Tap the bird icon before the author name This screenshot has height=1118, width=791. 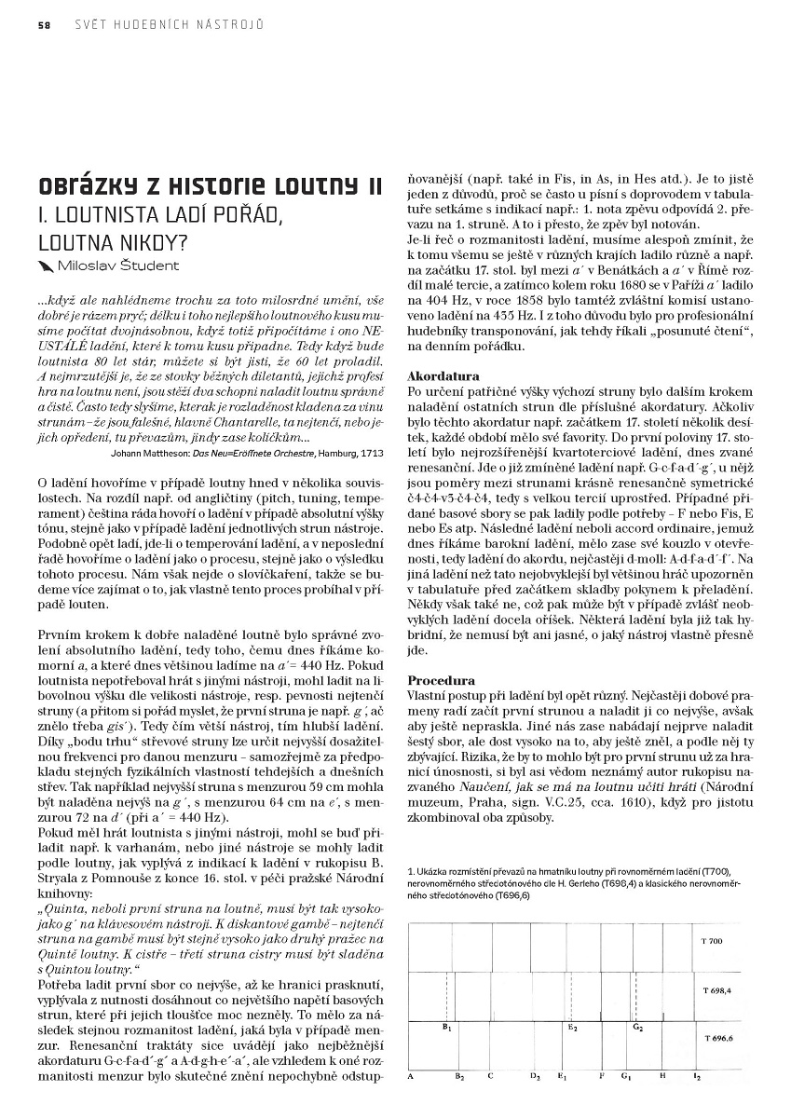point(45,266)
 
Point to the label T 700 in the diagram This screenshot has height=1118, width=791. point(711,941)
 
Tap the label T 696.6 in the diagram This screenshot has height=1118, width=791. point(717,1037)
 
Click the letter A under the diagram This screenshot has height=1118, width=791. point(411,1076)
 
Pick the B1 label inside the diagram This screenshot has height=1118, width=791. point(447,1028)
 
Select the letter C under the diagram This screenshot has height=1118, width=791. point(490,1076)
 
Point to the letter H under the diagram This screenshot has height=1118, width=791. point(662,1076)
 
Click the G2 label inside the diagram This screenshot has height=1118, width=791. point(637,1028)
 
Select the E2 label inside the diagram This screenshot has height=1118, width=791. point(572,1028)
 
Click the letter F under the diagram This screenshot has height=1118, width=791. point(602,1076)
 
